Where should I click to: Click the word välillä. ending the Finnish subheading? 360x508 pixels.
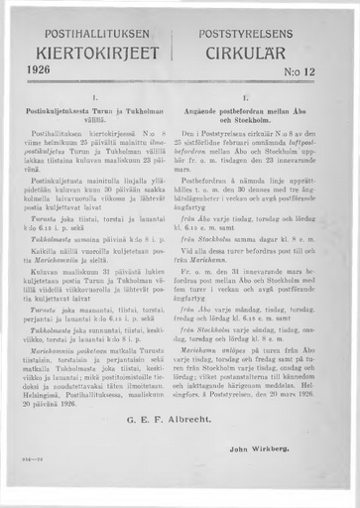[91, 122]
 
